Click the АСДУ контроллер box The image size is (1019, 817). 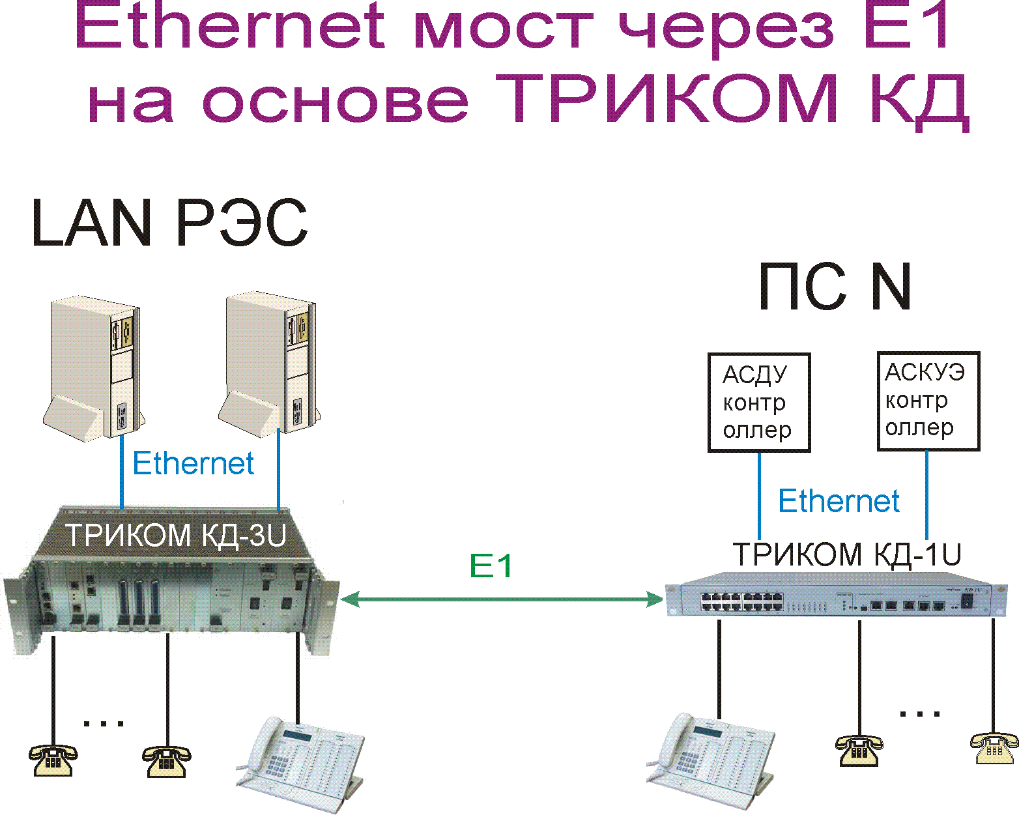coord(758,402)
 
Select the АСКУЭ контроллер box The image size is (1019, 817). coord(928,400)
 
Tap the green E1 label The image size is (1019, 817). coord(491,566)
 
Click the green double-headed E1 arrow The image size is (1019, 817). coord(502,599)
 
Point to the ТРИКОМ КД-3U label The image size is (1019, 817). coord(176,536)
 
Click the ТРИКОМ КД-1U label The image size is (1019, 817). coord(847,554)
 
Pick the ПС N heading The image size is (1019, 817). coord(835,287)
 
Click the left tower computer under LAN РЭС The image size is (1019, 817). coord(94,368)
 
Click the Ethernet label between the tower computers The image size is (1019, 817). coord(193,464)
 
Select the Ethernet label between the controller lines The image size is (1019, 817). coord(839,501)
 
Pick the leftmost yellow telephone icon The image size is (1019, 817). coord(53,759)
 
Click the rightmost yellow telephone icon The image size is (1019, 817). coord(994,747)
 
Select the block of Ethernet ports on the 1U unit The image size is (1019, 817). coord(741,602)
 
